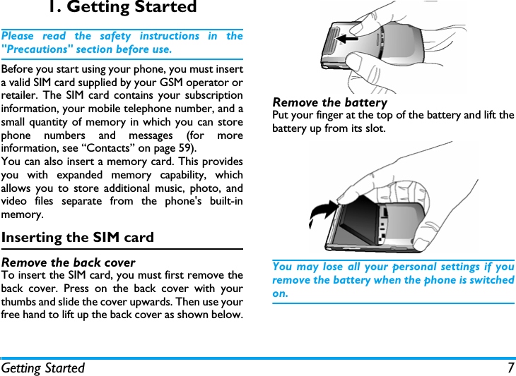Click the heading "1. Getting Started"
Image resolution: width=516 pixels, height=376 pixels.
122,8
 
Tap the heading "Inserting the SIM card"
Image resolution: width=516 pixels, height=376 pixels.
78,237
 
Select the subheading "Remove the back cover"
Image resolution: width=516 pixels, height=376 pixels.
69,262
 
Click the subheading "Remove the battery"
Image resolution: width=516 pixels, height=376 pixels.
329,103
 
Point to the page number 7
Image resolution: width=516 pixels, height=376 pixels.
510,368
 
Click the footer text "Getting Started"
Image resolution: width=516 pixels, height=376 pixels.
43,368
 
